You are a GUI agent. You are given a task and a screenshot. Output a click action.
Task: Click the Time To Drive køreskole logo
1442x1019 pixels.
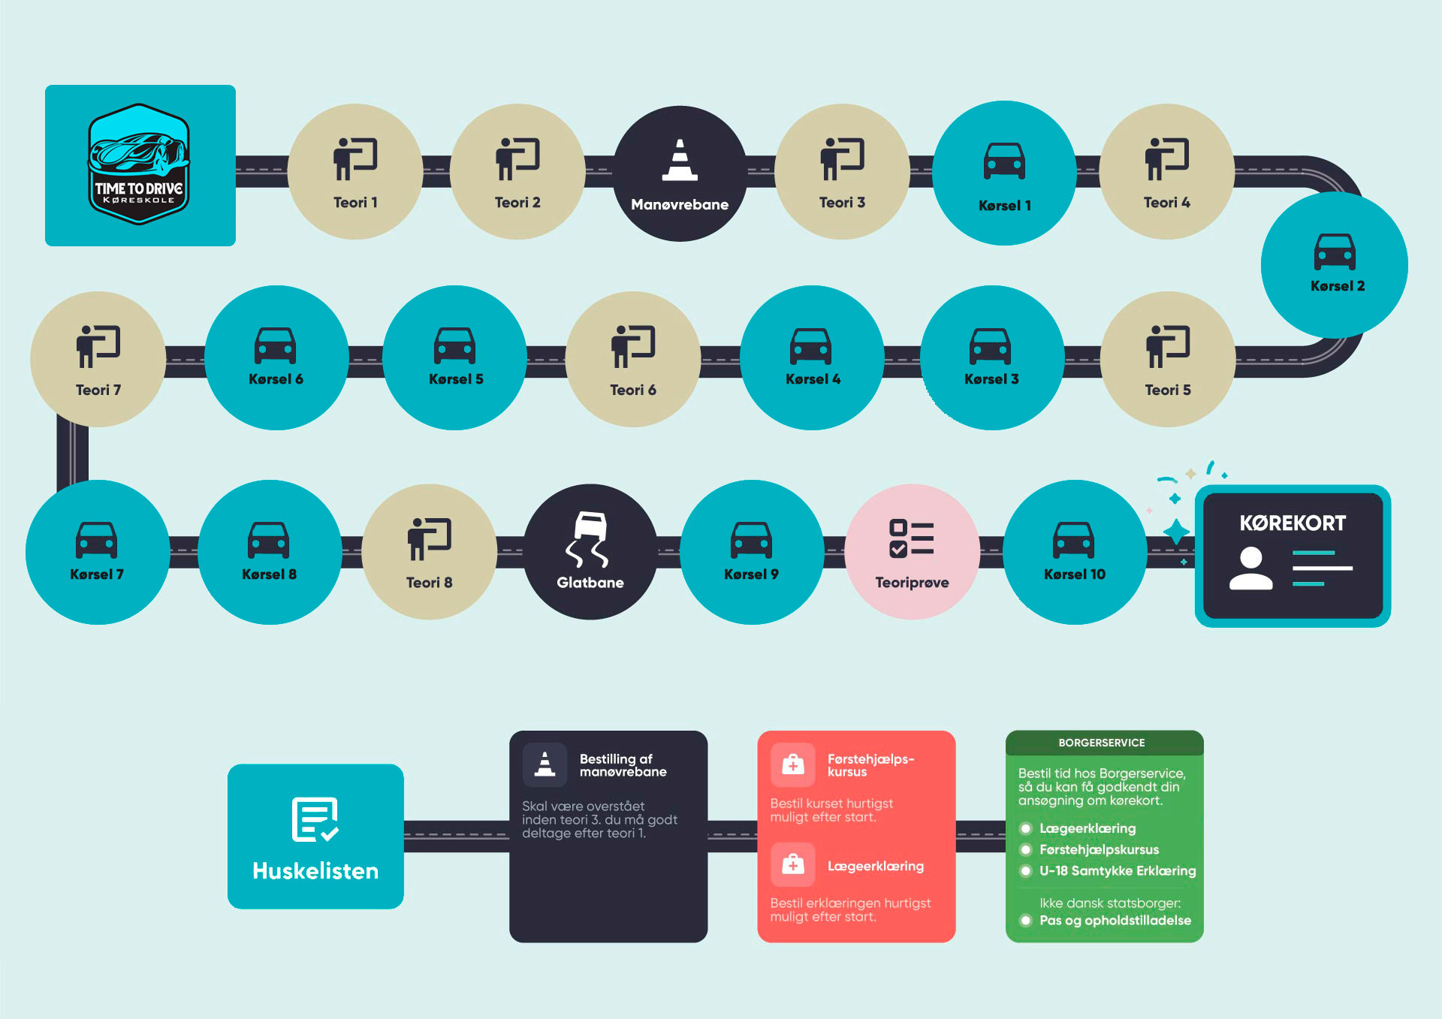[139, 164]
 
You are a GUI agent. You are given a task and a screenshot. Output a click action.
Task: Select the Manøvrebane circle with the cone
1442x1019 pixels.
[680, 173]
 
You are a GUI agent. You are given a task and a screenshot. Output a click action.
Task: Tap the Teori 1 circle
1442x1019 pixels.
[355, 172]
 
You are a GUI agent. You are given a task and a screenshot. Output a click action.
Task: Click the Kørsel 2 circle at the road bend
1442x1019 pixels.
[1335, 265]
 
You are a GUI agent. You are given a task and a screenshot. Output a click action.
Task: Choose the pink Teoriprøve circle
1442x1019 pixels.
[912, 552]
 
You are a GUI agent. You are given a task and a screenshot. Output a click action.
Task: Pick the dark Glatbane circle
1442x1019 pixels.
[590, 552]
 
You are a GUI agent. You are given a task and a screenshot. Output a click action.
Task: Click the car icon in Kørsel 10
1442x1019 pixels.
[1074, 540]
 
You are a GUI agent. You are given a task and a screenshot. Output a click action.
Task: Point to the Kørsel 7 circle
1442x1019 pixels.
[98, 552]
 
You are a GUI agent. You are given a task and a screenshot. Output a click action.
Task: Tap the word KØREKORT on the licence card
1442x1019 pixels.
[1293, 523]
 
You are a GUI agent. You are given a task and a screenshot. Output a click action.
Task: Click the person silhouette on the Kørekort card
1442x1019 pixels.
[1250, 568]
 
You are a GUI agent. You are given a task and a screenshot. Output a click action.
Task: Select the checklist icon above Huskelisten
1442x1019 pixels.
[315, 819]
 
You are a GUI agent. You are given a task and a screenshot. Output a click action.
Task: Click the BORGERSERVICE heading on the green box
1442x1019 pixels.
[1102, 743]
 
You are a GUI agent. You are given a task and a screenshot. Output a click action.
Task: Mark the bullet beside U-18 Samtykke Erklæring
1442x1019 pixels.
[1026, 871]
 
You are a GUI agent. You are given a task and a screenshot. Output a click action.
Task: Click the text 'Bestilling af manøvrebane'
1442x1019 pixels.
[623, 765]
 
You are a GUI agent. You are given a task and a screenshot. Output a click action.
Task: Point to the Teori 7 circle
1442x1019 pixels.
[98, 359]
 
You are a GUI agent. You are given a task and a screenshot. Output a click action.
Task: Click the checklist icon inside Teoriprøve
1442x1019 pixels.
[911, 538]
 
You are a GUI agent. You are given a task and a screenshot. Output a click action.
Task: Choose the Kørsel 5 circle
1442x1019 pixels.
[455, 357]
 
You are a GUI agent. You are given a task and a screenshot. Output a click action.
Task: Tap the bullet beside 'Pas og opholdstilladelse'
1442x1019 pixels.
[1026, 921]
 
